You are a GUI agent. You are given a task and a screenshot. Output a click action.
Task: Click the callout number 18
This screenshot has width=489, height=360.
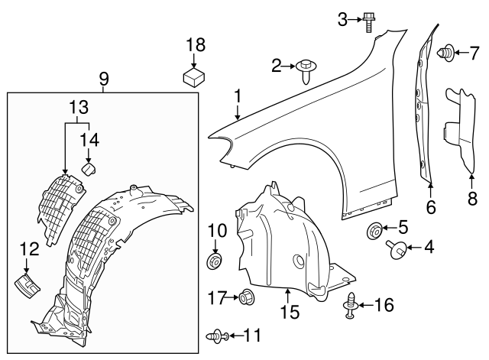tap(195, 44)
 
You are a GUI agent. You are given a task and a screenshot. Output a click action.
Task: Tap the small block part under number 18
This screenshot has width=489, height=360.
tap(195, 76)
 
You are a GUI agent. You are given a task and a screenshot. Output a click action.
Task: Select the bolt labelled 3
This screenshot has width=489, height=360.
tap(369, 21)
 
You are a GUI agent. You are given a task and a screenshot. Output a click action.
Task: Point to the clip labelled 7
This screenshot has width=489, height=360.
tap(444, 53)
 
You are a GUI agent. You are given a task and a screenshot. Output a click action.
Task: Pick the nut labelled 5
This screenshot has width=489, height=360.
tap(376, 229)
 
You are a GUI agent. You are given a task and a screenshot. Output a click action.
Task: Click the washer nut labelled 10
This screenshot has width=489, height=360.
tap(214, 262)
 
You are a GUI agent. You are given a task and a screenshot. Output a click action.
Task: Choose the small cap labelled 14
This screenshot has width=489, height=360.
tap(87, 167)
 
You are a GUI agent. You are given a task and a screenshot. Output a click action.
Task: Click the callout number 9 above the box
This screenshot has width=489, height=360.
tap(104, 78)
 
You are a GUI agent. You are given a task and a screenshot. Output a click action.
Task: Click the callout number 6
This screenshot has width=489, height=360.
tap(430, 206)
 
